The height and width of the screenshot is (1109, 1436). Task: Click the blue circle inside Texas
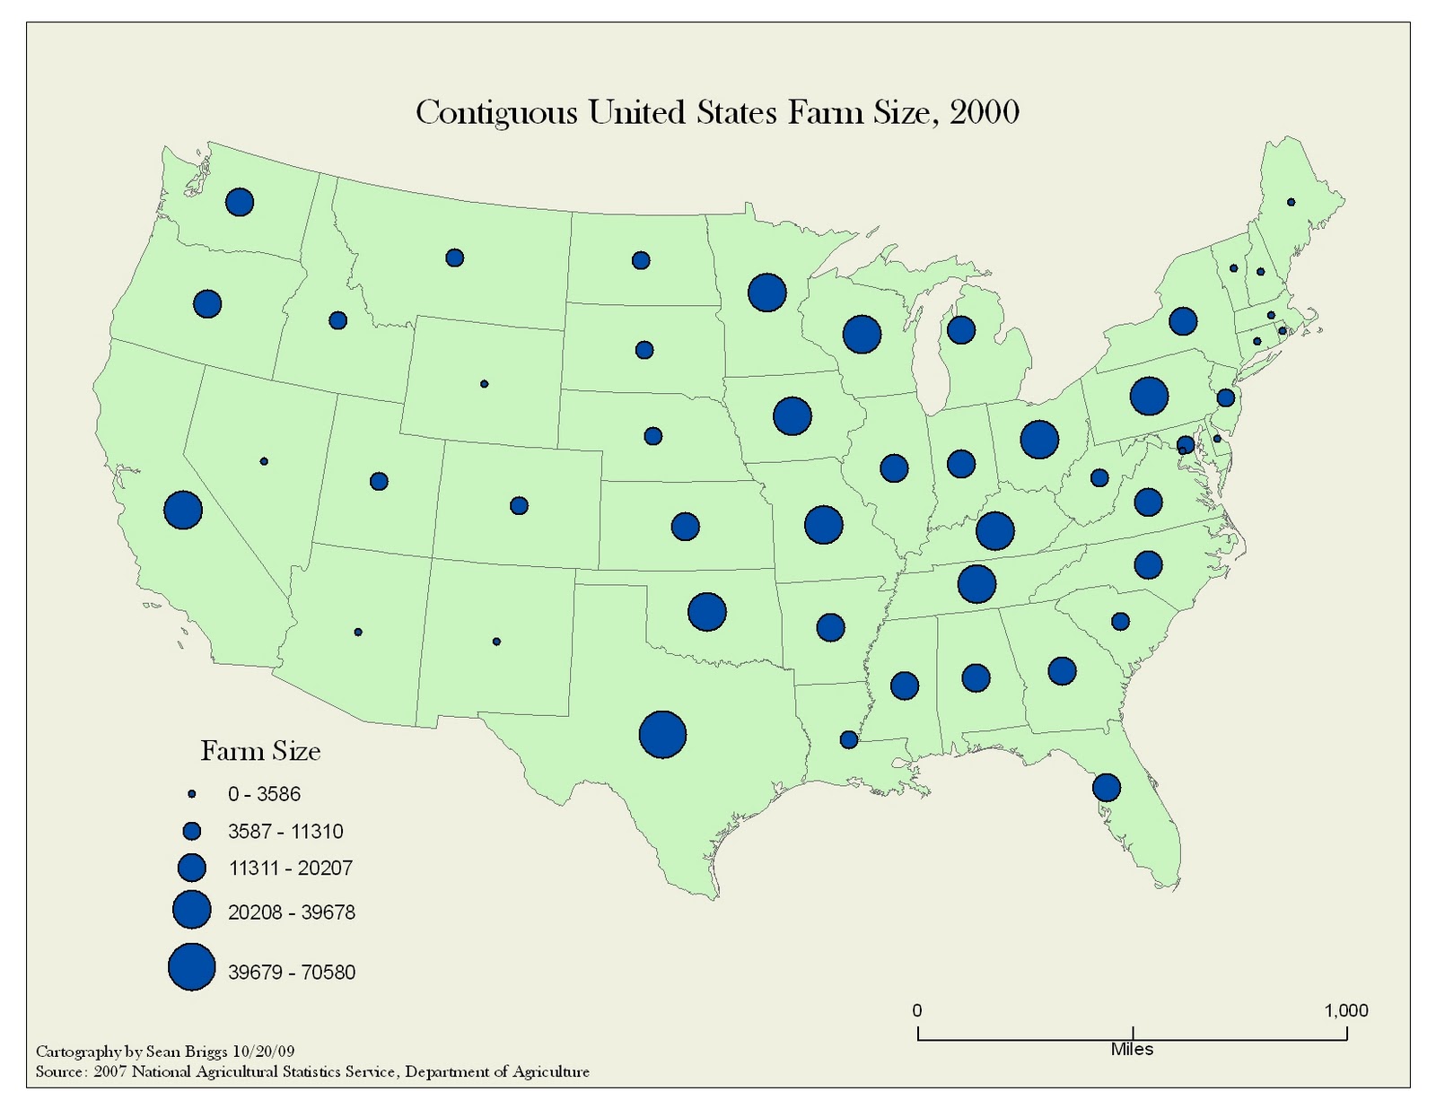662,734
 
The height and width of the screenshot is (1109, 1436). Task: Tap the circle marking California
183,510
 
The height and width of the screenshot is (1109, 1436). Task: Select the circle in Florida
1107,787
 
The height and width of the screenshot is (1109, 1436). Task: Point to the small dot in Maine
1291,202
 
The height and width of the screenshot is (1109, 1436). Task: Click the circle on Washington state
240,202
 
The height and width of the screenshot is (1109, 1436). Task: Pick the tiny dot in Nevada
264,461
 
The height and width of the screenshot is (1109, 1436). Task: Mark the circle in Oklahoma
706,612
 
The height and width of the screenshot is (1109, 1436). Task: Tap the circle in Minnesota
766,293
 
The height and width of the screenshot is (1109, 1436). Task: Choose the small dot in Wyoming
485,384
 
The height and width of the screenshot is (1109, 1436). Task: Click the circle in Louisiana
848,739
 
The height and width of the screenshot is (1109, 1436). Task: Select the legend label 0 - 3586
264,794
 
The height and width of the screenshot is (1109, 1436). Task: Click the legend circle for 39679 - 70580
192,967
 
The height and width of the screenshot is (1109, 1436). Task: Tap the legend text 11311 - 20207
291,869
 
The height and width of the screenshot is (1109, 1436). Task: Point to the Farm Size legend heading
260,751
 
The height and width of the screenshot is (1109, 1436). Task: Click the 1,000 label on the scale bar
1345,1010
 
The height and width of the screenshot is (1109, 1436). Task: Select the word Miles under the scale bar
1132,1049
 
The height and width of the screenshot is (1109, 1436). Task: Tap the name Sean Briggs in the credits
187,1051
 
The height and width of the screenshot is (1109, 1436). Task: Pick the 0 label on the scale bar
916,1010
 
